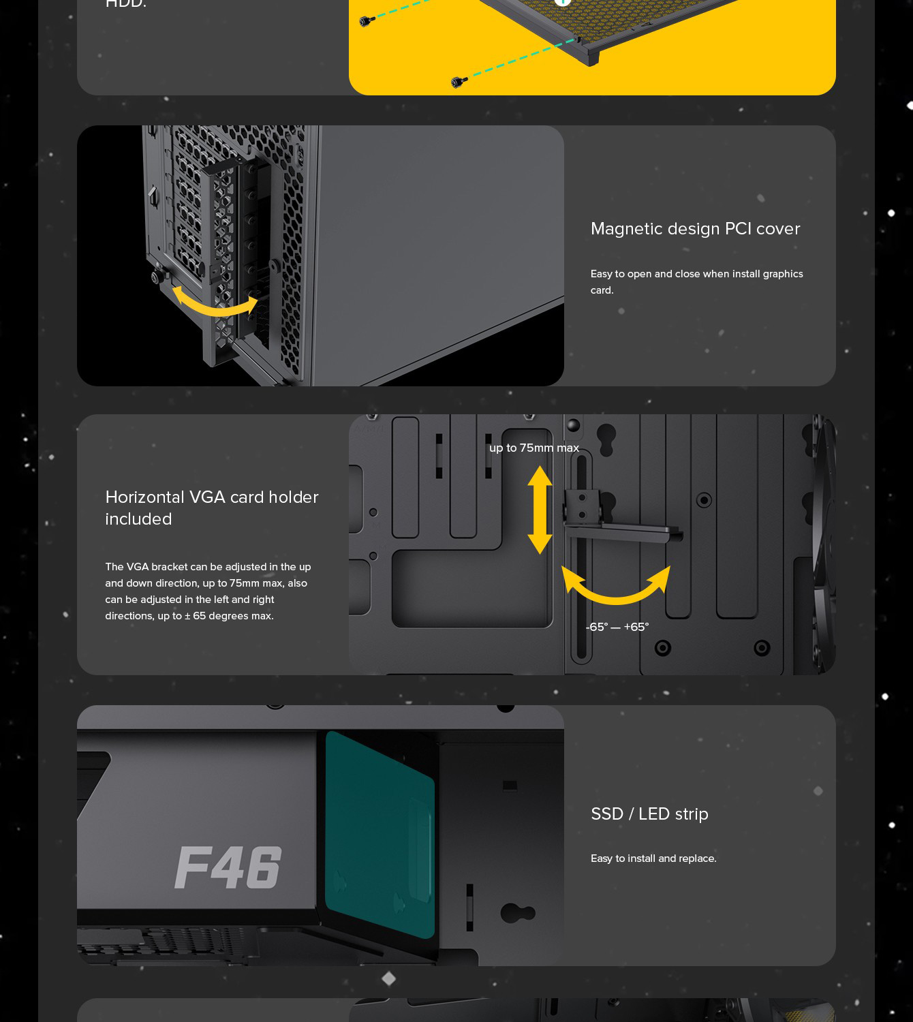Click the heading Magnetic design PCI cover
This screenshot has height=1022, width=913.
point(695,229)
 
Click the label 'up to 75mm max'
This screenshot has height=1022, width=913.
point(534,448)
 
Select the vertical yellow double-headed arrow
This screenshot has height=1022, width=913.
point(540,510)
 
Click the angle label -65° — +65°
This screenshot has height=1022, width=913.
point(617,627)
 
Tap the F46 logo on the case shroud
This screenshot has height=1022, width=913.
point(228,867)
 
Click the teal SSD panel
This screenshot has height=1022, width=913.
point(380,835)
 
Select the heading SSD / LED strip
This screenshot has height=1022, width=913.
point(649,814)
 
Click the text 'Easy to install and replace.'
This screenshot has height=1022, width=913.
point(653,858)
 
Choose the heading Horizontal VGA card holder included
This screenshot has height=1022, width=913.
point(212,508)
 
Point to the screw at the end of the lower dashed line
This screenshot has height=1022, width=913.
point(458,82)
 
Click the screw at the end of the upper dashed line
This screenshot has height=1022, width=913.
point(367,21)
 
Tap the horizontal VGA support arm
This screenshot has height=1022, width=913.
point(623,533)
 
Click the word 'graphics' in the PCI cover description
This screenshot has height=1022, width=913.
point(783,274)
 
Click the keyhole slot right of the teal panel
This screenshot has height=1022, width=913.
point(518,912)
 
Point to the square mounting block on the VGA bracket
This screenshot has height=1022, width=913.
point(582,506)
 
